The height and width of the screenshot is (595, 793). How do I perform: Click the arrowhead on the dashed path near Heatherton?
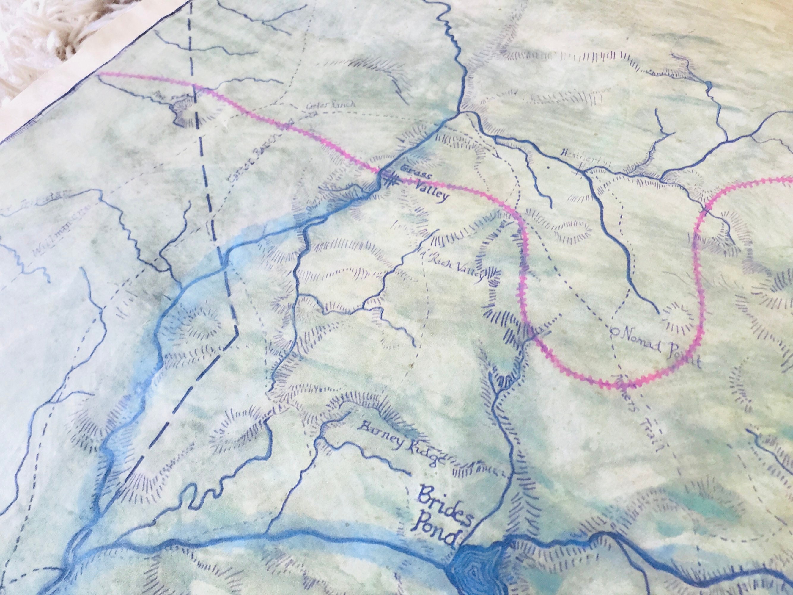pyautogui.click(x=497, y=155)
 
